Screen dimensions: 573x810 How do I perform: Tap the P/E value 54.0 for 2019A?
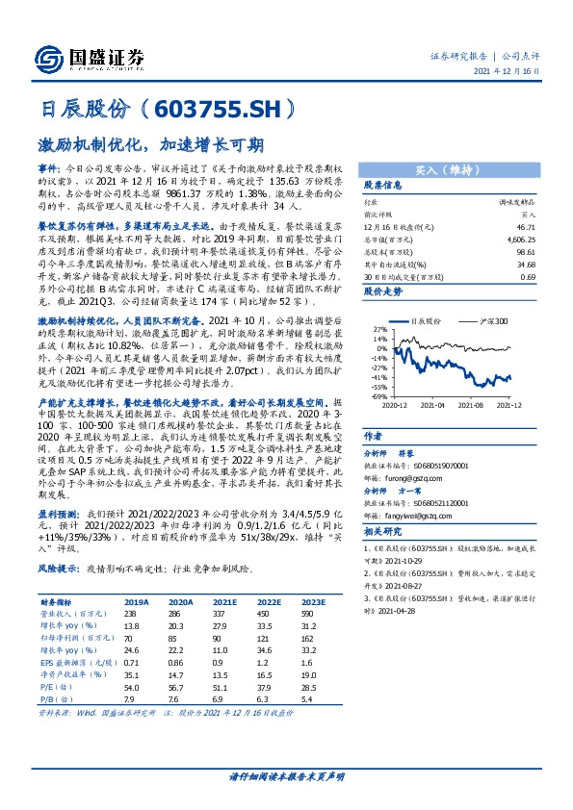point(134,689)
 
